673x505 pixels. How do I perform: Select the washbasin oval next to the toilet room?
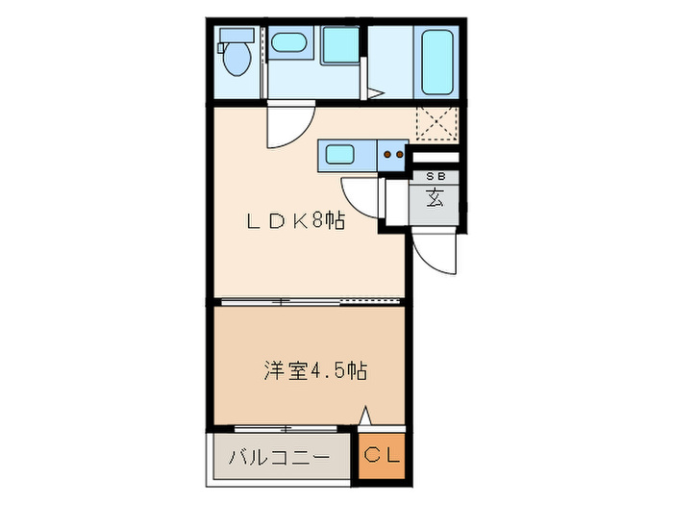pos(285,42)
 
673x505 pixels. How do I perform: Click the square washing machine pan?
pos(338,44)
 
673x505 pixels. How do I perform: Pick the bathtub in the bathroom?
pos(436,60)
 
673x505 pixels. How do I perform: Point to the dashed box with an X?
pos(436,125)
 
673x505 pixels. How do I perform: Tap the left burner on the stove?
pos(386,152)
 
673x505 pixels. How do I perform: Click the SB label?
pos(435,177)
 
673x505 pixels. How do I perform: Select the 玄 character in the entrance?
pos(435,199)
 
